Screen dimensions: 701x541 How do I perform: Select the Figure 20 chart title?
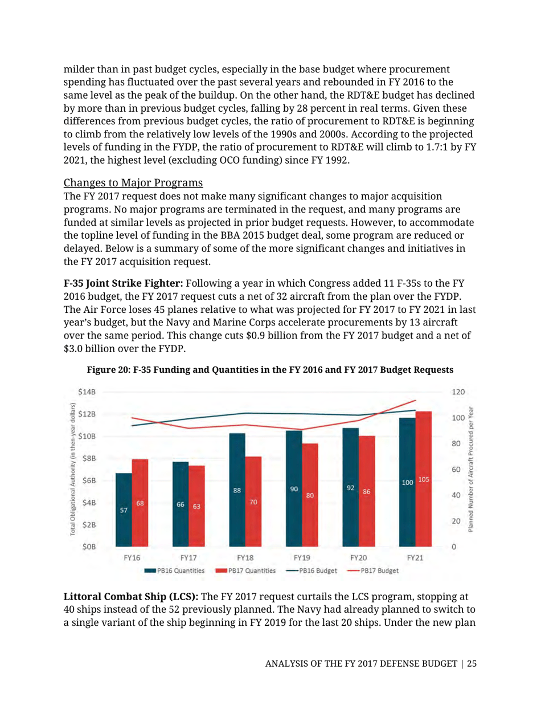coord(270,369)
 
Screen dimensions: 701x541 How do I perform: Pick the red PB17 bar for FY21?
coord(424,479)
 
